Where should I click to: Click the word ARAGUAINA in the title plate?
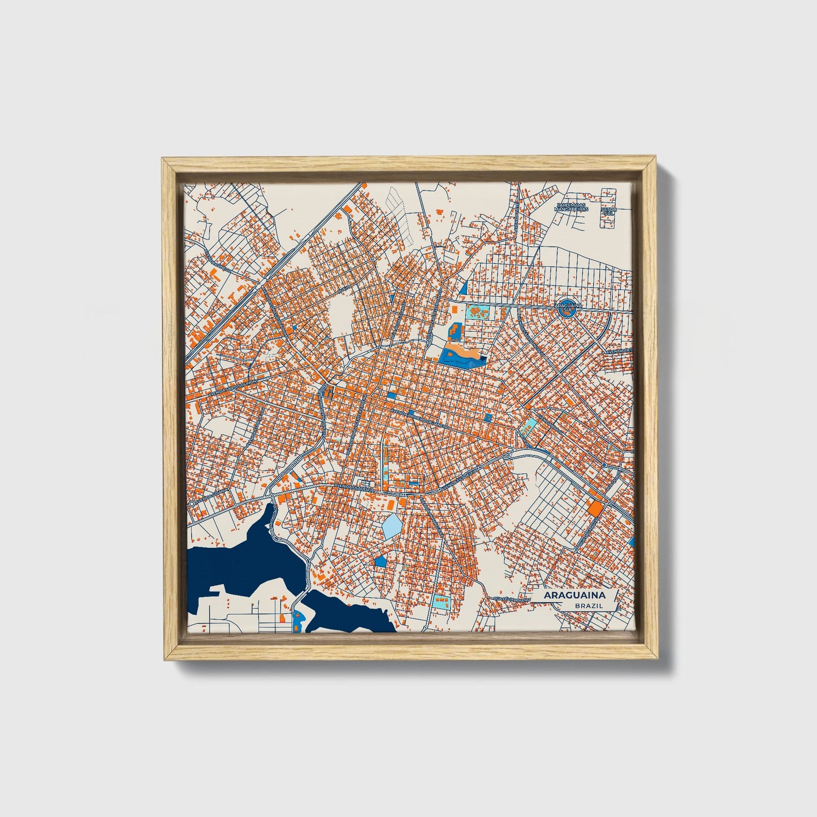[574, 595]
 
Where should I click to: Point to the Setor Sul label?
[609, 211]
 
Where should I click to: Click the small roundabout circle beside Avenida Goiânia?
[192, 503]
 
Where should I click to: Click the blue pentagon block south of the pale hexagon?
[381, 560]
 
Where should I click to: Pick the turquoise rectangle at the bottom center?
[440, 602]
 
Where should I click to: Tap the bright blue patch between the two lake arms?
[297, 620]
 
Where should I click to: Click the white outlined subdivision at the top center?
[399, 204]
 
